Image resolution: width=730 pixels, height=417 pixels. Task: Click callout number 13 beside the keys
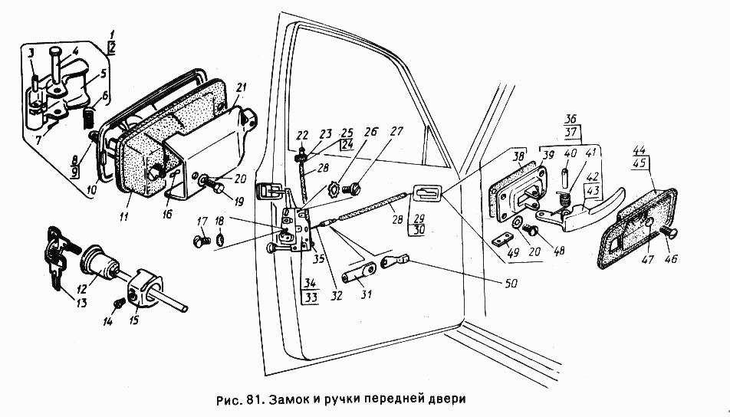[x=81, y=304]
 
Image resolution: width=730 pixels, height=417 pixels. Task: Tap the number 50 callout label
[x=511, y=283]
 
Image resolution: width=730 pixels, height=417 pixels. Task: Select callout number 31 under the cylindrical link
[x=367, y=294]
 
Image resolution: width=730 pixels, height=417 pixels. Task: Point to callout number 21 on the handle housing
[x=242, y=87]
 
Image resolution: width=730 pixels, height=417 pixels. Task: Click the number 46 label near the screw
[x=670, y=259]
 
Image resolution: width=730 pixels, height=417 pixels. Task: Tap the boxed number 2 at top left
[x=112, y=48]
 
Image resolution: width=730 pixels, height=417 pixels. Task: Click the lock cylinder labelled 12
[x=100, y=261]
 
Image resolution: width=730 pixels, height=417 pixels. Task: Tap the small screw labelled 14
[x=119, y=303]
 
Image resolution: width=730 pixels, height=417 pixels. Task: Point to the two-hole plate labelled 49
[x=501, y=240]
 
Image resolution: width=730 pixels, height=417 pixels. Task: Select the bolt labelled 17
[x=201, y=241]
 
